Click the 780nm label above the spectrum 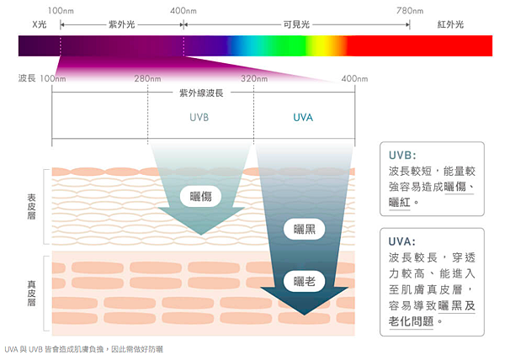410,11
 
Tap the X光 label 40,24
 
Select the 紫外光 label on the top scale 122,24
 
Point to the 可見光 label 296,24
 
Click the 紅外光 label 450,24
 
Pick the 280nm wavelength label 147,78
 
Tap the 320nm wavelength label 254,78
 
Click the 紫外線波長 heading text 201,93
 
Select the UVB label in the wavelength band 199,118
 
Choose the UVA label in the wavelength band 303,118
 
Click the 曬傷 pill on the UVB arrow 200,196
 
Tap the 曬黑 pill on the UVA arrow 305,229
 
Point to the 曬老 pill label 305,282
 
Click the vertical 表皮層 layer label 31,206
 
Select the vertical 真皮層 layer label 31,293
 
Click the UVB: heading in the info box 402,156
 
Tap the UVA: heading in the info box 402,241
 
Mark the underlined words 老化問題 411,321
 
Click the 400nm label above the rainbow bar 183,11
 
